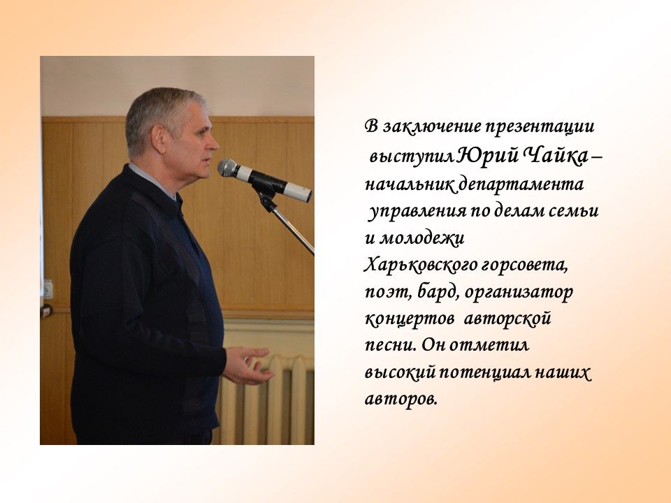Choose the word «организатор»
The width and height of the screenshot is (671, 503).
(x=519, y=293)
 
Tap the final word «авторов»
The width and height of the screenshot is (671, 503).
(x=401, y=400)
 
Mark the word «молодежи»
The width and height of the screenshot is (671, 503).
(x=422, y=238)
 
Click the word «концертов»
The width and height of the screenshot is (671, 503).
(x=409, y=319)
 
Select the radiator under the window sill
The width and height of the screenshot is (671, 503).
(x=266, y=400)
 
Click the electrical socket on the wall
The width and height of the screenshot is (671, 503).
(x=47, y=289)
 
